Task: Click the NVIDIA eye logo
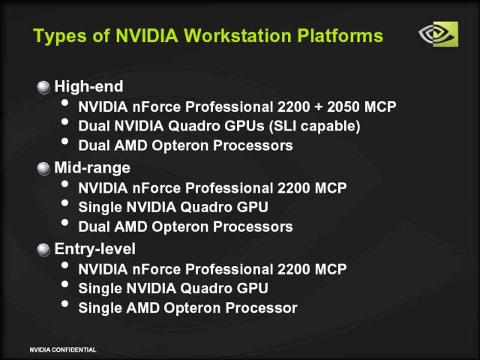coord(438,34)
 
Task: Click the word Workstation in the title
coord(238,35)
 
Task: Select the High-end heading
coord(88,87)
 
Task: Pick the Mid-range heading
coord(92,168)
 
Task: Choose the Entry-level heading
coord(95,249)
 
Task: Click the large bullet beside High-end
coord(43,87)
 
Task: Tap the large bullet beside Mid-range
coord(43,169)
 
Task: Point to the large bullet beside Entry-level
coord(43,250)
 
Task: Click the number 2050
coord(343,106)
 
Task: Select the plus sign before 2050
coord(319,107)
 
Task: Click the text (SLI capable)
coord(315,127)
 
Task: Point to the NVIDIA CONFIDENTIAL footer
coord(63,349)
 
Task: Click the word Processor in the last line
coord(262,308)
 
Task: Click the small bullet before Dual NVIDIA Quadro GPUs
coord(64,121)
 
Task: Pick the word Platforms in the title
coord(340,35)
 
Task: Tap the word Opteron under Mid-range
coord(180,227)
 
